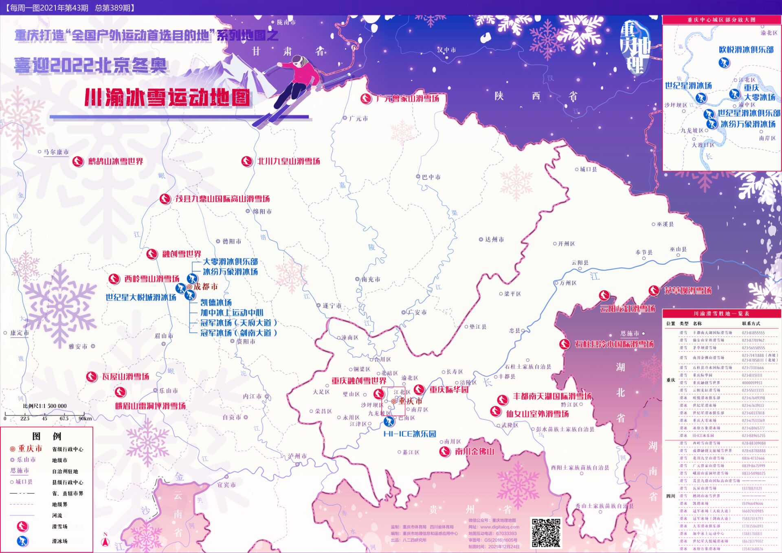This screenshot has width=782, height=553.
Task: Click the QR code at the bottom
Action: pos(546,532)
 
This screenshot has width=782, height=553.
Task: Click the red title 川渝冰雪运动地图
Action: pos(167,97)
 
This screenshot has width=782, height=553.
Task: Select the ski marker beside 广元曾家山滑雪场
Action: pos(366,99)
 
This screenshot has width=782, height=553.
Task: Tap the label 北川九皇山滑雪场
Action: pos(288,161)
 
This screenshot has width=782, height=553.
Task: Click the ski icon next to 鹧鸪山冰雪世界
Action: pos(77,161)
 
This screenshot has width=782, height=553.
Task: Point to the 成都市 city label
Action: pos(205,287)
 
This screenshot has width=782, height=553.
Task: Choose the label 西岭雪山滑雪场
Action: pos(152,279)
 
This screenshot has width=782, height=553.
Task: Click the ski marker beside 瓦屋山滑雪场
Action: pos(92,377)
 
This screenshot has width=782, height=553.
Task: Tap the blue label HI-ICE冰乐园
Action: pos(410,434)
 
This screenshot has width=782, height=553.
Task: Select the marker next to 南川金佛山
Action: pos(444,451)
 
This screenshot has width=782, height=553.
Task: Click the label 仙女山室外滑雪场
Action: pos(537,414)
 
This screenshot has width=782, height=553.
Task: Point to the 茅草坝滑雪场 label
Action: pos(688,290)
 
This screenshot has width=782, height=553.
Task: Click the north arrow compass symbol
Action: pos(105,540)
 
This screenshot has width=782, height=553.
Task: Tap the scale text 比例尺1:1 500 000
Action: pos(45,406)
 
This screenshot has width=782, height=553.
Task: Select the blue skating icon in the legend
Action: pos(22,541)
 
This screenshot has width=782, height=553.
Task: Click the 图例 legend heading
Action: pos(46,436)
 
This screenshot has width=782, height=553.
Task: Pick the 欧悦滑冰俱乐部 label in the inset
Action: pos(746,50)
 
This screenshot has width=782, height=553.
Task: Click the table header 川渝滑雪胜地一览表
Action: pos(721,314)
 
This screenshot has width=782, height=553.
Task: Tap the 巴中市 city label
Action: pos(431,177)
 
